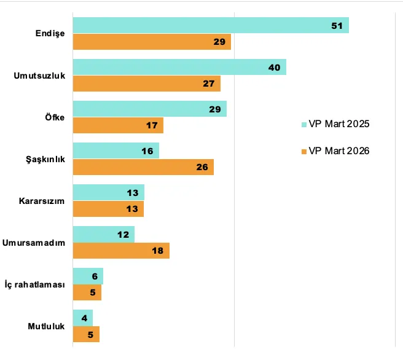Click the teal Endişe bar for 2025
coord(211,25)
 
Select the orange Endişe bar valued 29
coord(152,42)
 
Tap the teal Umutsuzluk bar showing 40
coord(179,67)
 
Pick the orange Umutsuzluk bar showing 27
coord(146,84)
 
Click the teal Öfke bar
coord(149,109)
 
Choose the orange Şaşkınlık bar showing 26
coord(143,167)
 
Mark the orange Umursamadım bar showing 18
coord(121,251)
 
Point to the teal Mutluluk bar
coord(82,318)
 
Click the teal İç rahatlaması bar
coord(88,276)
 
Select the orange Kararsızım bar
coord(108,209)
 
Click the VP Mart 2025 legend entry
coord(335,125)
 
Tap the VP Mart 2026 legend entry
coord(335,151)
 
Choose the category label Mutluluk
coord(46,326)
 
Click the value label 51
coord(336,25)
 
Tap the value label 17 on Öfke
coord(151,125)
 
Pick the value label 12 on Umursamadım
coord(123,234)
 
